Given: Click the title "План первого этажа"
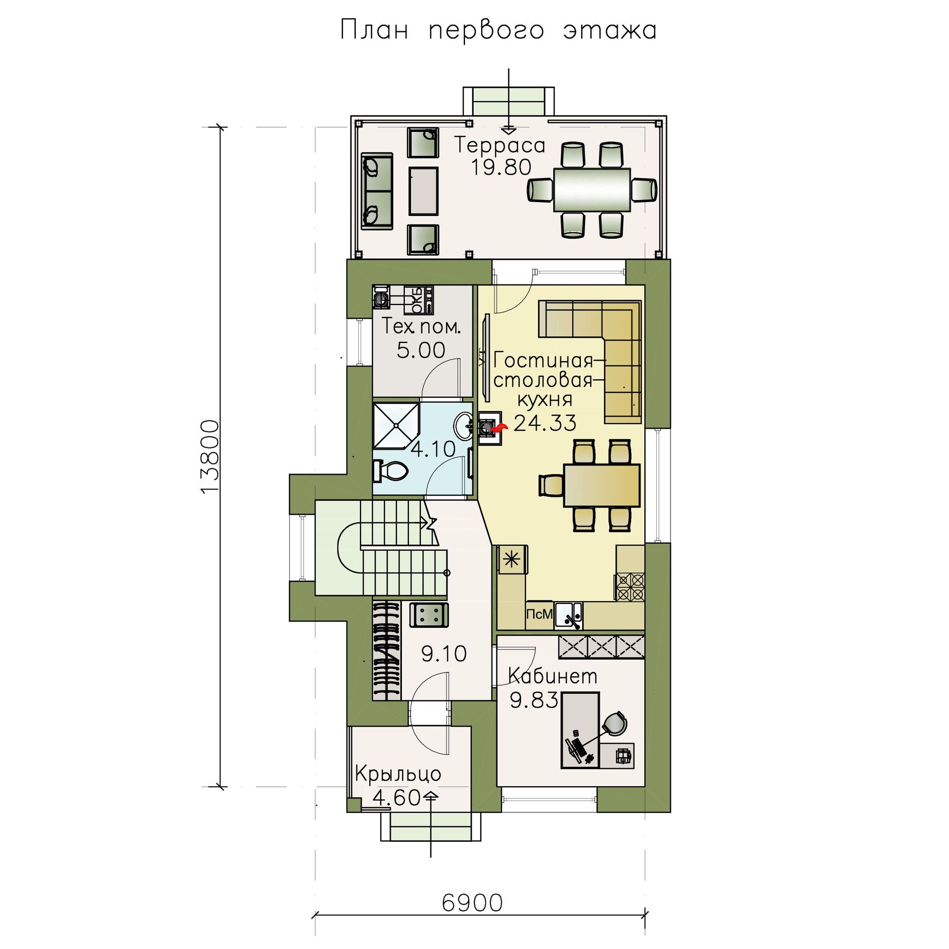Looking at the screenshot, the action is [x=498, y=31].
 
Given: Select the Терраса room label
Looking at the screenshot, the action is [x=500, y=146].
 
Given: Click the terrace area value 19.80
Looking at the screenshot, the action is [x=502, y=168].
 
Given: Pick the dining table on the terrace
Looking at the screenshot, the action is [x=592, y=190].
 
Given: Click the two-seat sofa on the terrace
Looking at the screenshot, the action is [x=377, y=191].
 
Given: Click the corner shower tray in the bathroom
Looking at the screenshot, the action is [x=396, y=426].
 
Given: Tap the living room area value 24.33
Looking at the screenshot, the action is [x=545, y=422].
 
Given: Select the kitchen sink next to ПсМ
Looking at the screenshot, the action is [x=568, y=616].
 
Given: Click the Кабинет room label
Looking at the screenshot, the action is [x=553, y=677].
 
